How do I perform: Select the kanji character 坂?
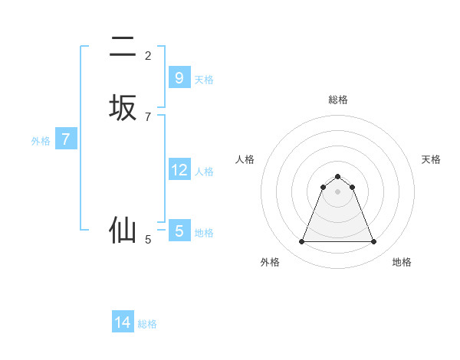point(123,108)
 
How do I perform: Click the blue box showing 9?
point(179,77)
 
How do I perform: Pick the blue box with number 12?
point(179,170)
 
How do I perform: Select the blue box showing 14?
point(123,322)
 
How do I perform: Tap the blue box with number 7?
point(66,139)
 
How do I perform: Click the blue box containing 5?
point(179,231)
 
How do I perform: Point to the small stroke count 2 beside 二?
point(148,56)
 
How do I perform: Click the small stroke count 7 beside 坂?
point(148,117)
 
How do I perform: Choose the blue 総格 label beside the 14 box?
point(147,324)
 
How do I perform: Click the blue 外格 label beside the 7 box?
point(41,141)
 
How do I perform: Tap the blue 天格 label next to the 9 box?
point(204,79)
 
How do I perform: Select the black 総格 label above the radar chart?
point(338,100)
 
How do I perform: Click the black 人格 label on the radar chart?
point(245,159)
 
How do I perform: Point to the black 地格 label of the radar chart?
point(402,262)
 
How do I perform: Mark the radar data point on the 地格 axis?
point(373,242)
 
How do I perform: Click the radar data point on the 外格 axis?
point(301,242)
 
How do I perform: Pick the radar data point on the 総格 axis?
point(337,176)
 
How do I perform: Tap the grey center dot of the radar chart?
point(337,191)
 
